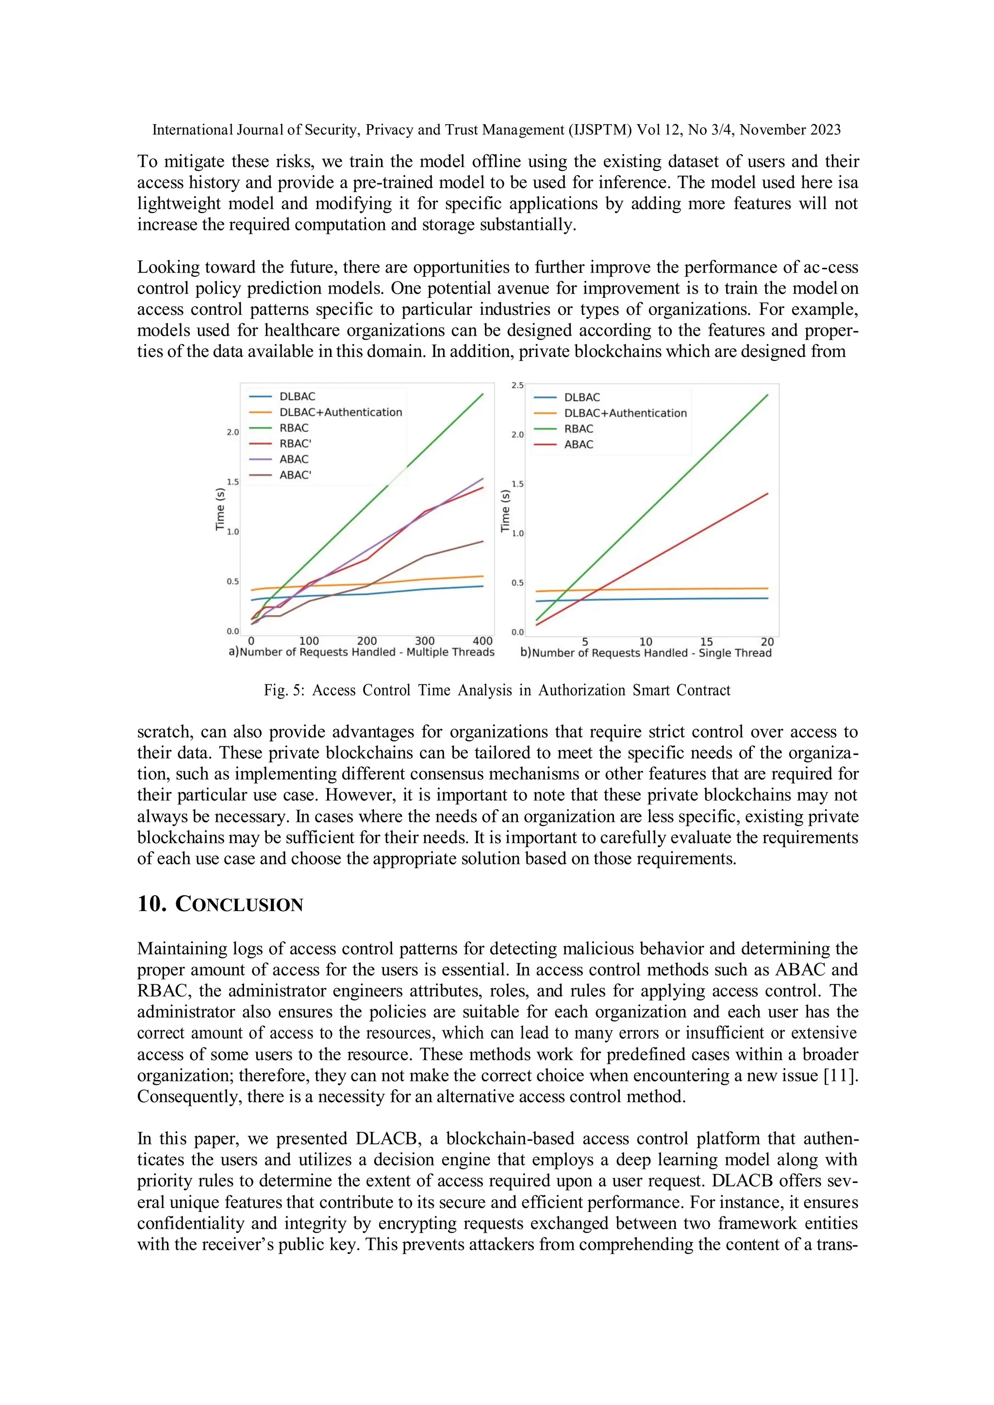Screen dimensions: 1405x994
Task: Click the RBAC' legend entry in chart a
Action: click(x=295, y=443)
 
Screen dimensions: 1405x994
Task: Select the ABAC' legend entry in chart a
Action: click(x=295, y=475)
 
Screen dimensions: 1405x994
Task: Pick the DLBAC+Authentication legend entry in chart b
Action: click(x=625, y=413)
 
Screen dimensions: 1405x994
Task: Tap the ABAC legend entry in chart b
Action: click(x=579, y=445)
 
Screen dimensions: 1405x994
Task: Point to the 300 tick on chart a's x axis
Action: click(x=425, y=641)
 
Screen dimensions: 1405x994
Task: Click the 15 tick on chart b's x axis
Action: click(x=706, y=642)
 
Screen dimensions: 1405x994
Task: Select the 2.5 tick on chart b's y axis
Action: click(x=518, y=386)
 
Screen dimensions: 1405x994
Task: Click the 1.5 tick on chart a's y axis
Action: click(x=232, y=482)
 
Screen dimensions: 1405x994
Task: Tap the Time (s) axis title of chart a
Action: click(x=220, y=509)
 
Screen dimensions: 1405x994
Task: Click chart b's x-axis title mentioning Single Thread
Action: click(x=651, y=653)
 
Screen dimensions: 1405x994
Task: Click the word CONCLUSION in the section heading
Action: click(x=239, y=904)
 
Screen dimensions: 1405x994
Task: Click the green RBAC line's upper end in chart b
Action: click(x=767, y=395)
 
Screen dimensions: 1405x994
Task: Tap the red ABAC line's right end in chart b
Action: click(x=767, y=494)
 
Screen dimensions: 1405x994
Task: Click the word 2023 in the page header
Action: click(x=825, y=130)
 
